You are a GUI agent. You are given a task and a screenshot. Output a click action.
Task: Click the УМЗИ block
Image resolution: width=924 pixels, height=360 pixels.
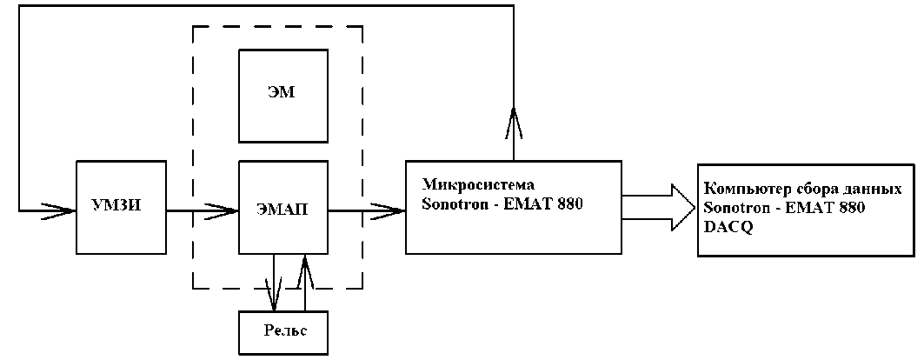[x=121, y=206]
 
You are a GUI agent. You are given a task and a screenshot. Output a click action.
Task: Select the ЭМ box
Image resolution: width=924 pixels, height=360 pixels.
[x=283, y=96]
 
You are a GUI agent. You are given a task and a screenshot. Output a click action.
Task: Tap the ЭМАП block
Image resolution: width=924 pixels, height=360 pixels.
[x=283, y=208]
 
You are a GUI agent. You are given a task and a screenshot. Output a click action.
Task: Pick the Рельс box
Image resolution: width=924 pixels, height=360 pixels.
[x=283, y=332]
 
